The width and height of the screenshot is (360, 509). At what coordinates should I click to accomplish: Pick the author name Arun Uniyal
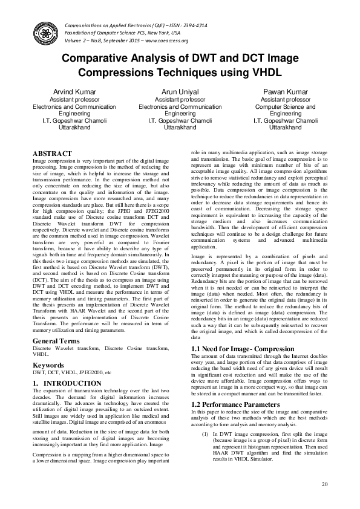pyautogui.click(x=180, y=91)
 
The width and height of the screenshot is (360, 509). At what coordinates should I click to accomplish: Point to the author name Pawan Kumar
pyautogui.click(x=285, y=91)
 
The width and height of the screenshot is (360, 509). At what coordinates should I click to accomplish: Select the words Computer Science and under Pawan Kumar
pyautogui.click(x=285, y=106)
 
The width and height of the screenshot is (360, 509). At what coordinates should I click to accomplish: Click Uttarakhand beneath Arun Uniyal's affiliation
pyautogui.click(x=180, y=128)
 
